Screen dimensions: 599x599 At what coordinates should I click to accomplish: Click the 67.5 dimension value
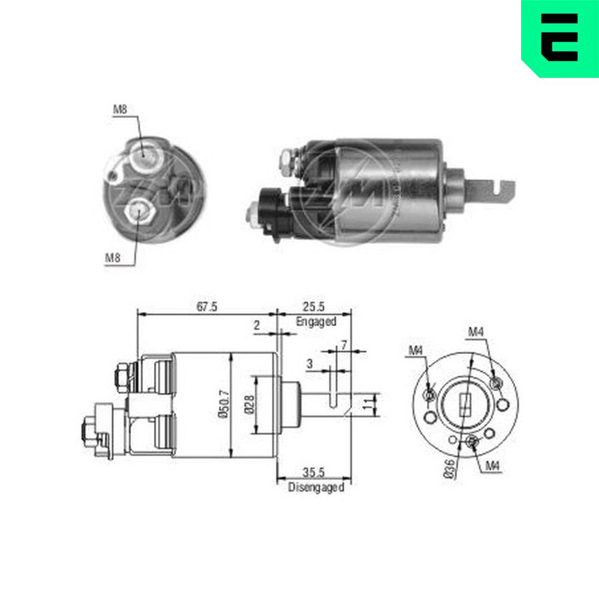click(x=207, y=307)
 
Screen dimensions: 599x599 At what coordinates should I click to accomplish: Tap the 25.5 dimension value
click(x=314, y=307)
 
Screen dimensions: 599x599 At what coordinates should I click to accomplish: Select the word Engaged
click(x=316, y=322)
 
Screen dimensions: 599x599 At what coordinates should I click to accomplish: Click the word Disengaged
click(x=316, y=488)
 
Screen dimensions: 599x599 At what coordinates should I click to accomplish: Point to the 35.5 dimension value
click(x=314, y=473)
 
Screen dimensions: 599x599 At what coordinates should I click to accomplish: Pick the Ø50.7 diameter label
click(x=225, y=404)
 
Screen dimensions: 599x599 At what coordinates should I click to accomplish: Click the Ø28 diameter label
click(x=249, y=404)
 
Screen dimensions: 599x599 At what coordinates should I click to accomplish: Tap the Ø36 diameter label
click(x=450, y=469)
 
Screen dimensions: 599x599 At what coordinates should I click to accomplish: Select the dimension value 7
click(x=344, y=346)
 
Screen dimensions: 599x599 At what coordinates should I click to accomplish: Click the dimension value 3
click(x=310, y=364)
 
